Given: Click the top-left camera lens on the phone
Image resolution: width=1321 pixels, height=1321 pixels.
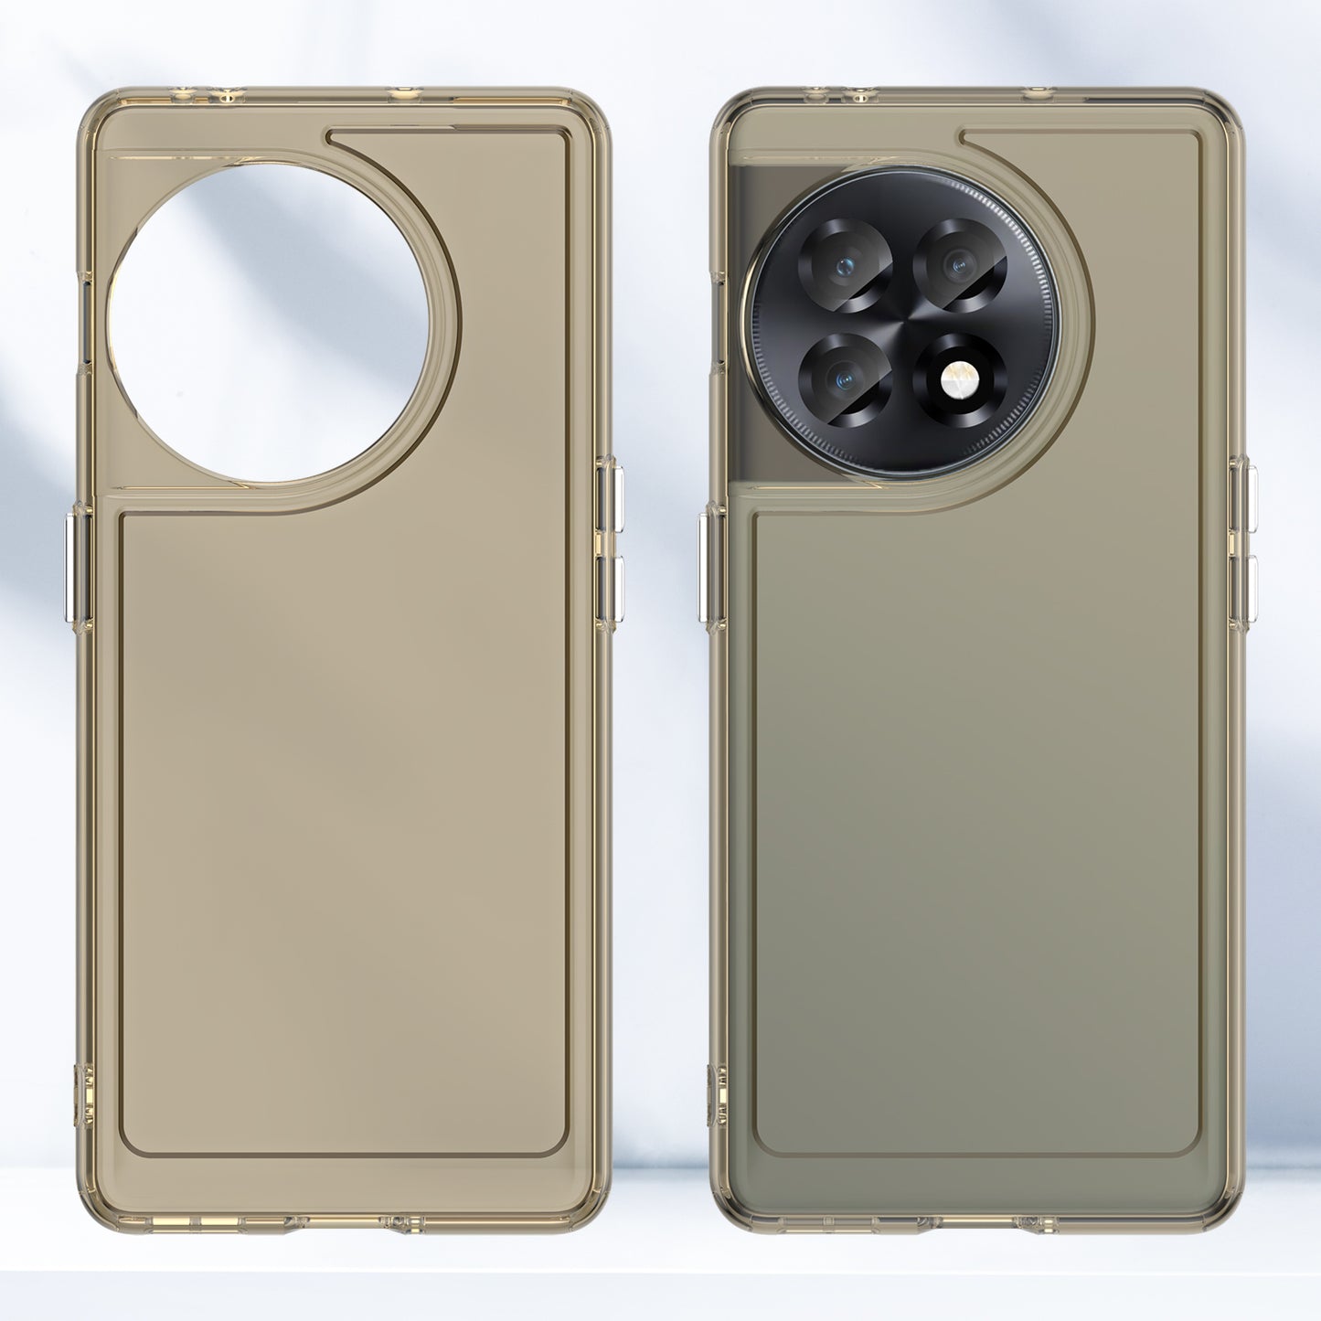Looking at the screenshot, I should point(846,265).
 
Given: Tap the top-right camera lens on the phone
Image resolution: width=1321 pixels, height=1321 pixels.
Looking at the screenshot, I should point(959,265).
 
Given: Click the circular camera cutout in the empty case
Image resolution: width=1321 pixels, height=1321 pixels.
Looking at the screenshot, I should point(268,322).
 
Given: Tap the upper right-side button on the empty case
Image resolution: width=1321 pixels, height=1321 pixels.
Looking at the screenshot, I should point(611,497).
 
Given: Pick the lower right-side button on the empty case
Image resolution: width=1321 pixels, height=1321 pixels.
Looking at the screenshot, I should point(611,590).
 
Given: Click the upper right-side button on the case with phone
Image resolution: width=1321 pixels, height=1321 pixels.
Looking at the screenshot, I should point(1244,497).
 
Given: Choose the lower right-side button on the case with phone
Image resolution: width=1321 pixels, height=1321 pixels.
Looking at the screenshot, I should point(1244,591).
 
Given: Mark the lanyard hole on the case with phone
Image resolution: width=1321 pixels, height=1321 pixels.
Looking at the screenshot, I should point(716,1093).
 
